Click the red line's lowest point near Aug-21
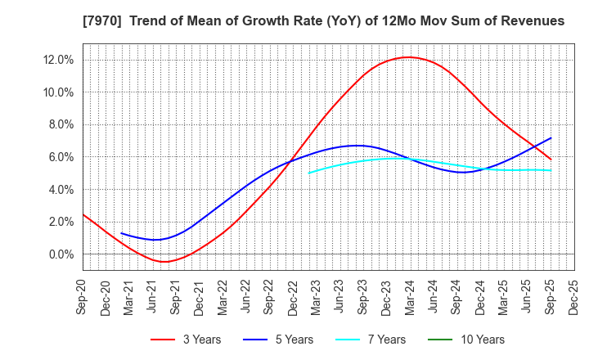[x=164, y=262]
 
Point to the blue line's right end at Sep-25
[x=551, y=137]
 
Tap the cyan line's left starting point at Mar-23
[x=309, y=173]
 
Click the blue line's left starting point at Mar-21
[x=121, y=233]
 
